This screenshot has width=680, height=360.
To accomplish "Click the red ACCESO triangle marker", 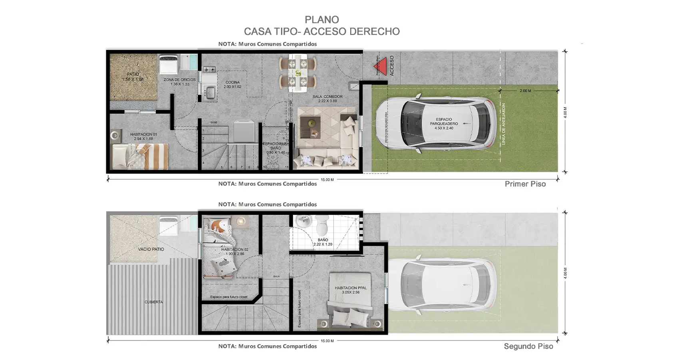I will [x=383, y=66].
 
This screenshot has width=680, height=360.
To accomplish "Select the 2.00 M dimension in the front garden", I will [x=525, y=91].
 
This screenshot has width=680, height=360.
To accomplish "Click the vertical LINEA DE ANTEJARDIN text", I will [x=504, y=124].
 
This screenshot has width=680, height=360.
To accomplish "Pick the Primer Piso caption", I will [x=525, y=184].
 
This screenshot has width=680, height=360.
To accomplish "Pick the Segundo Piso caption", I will [x=528, y=346].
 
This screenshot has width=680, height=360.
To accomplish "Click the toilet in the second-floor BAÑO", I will [x=322, y=226].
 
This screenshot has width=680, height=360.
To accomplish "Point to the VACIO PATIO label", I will [x=151, y=249].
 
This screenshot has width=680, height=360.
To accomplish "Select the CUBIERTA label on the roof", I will [x=154, y=302].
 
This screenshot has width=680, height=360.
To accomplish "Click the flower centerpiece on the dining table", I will [x=298, y=73].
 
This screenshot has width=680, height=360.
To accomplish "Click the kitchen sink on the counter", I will [x=210, y=93].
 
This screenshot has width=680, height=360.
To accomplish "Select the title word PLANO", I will [x=322, y=20].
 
